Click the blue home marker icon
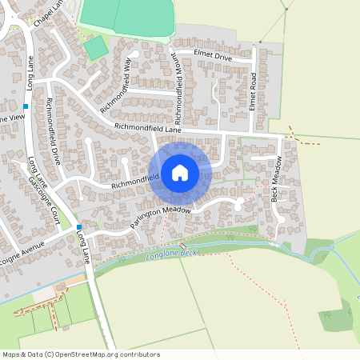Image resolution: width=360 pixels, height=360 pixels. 180,172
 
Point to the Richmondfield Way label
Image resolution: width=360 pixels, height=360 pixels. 116,84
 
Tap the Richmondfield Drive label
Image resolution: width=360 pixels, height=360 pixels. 54,130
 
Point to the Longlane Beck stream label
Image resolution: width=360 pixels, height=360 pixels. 171,254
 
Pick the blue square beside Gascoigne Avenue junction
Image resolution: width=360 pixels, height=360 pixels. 79,229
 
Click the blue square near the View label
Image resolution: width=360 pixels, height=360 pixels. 26,106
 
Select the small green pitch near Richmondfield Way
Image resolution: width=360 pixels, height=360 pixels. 96,48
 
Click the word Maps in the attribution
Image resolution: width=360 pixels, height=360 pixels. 12,354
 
